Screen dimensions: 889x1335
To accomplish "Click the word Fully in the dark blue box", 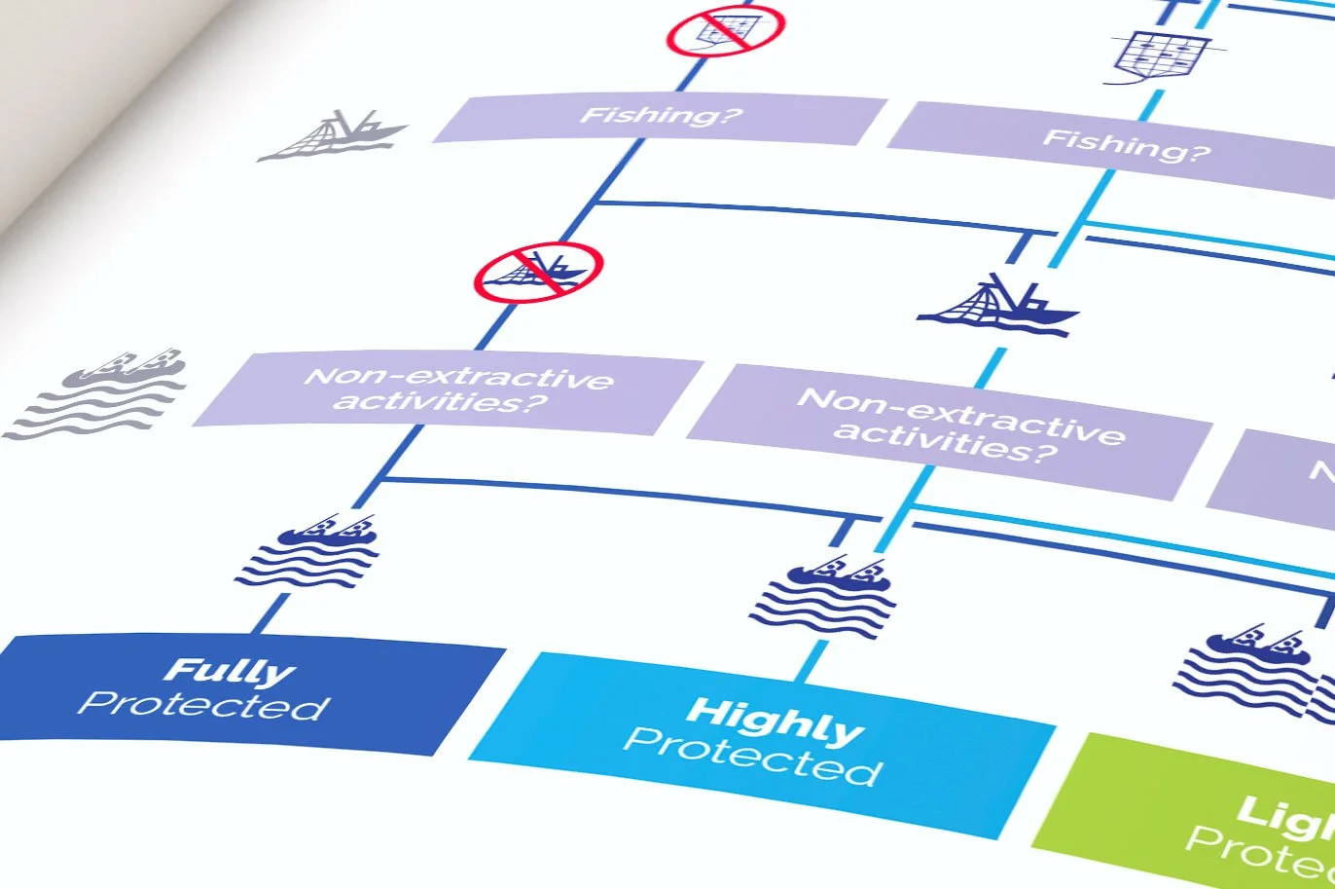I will (229, 671).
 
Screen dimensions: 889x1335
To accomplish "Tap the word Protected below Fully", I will (203, 706).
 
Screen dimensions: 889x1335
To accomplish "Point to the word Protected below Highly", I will (752, 757).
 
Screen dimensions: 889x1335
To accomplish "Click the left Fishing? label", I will (661, 116).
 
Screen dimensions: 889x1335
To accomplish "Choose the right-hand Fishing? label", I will (1126, 145).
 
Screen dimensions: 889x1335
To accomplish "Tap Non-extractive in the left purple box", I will (458, 377).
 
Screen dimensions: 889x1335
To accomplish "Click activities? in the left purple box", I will (438, 401).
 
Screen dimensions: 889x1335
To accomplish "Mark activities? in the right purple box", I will (945, 443).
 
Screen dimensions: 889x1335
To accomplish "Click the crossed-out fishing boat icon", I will (538, 272).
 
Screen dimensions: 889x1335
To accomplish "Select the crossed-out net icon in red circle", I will (725, 30).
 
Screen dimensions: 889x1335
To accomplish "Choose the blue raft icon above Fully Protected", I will (308, 552).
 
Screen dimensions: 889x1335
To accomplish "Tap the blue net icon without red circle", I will (1161, 56).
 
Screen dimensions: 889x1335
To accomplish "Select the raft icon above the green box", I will (1250, 672).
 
